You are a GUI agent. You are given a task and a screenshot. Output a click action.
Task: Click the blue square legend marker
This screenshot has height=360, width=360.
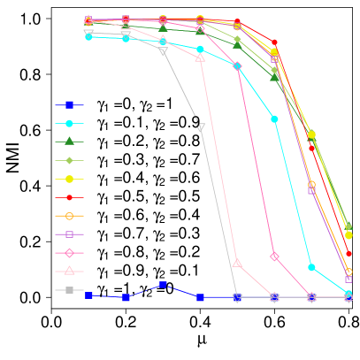click(x=69, y=104)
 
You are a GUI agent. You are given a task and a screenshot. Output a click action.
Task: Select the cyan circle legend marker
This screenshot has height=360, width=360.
click(x=69, y=123)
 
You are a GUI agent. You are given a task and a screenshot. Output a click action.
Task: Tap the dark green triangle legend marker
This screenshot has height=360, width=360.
click(x=69, y=142)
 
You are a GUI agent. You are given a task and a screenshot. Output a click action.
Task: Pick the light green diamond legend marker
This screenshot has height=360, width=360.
click(x=69, y=160)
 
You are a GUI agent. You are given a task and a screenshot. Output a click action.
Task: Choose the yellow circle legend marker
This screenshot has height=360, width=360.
click(x=69, y=179)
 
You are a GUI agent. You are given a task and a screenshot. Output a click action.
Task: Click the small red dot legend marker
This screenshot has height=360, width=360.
click(x=69, y=197)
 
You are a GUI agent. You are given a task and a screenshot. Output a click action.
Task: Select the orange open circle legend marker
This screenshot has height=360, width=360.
click(x=69, y=216)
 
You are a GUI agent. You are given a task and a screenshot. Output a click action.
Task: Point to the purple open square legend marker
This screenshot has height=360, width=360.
click(x=69, y=234)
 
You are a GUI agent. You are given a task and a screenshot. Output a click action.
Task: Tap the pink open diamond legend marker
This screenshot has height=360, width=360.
click(x=69, y=253)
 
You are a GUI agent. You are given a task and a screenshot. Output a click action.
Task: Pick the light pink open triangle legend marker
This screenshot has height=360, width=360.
click(x=69, y=272)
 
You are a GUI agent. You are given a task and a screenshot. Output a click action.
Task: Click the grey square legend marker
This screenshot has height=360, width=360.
click(x=69, y=290)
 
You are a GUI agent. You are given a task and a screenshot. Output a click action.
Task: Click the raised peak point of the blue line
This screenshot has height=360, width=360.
click(x=163, y=285)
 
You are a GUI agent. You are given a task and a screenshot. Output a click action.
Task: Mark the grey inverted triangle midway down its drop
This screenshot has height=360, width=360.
click(x=200, y=127)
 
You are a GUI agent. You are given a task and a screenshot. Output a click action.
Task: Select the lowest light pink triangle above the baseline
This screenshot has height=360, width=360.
click(x=237, y=263)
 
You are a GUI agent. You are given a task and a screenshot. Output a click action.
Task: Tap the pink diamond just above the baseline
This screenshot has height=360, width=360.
click(x=274, y=257)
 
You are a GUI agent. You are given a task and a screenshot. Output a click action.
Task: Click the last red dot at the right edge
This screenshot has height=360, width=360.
click(x=349, y=253)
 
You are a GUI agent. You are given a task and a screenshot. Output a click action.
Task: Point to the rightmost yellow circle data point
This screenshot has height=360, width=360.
click(x=349, y=235)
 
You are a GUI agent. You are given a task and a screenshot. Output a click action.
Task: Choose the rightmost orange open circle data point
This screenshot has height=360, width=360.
click(x=349, y=272)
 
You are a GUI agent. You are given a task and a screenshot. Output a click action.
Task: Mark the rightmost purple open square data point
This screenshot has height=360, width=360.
click(x=349, y=279)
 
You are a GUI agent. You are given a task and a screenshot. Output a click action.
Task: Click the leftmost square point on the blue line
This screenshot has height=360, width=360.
click(x=88, y=295)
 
